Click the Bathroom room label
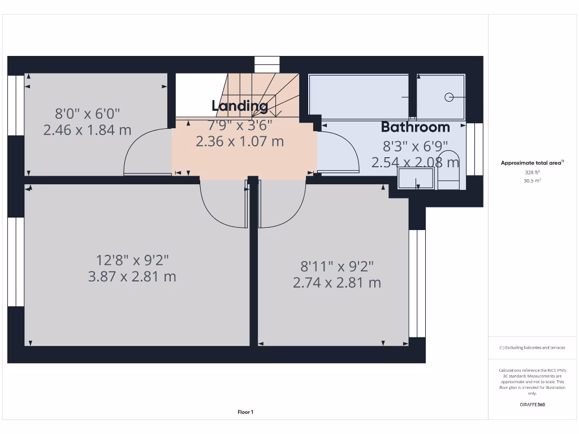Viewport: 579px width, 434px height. (x=415, y=127)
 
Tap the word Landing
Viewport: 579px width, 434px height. (x=240, y=106)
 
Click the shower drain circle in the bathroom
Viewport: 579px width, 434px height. (x=449, y=97)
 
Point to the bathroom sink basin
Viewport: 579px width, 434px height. (x=417, y=179)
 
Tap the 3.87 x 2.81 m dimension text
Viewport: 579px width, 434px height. (x=132, y=277)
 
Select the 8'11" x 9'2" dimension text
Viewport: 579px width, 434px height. (x=337, y=266)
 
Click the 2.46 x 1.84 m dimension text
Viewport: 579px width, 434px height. (x=87, y=130)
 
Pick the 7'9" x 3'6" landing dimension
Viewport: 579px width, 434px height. (x=240, y=124)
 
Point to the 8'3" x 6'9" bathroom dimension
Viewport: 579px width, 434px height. (x=415, y=146)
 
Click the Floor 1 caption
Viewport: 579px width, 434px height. (x=245, y=412)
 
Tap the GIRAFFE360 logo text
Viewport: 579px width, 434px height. (x=532, y=405)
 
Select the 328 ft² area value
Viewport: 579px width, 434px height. (x=532, y=172)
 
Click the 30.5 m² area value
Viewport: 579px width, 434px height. (x=532, y=181)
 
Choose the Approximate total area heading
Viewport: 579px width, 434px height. (x=531, y=163)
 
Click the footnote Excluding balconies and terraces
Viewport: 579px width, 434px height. (x=532, y=348)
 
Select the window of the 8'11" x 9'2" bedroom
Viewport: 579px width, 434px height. (x=417, y=283)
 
